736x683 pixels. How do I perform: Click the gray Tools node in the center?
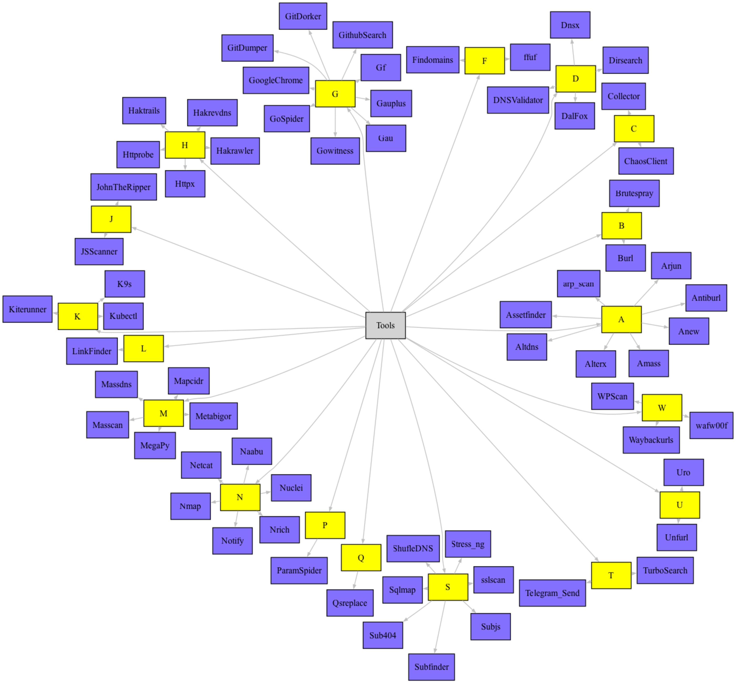point(385,325)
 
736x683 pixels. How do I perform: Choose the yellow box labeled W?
point(662,408)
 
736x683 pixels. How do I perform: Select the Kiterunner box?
point(28,309)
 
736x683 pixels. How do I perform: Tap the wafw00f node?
point(711,426)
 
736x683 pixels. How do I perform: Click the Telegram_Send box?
point(552,593)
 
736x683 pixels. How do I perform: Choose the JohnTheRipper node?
point(123,187)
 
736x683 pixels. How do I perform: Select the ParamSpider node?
point(299,570)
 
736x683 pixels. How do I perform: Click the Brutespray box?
point(634,193)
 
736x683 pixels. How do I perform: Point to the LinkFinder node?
point(92,351)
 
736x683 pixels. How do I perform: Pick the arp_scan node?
point(579,284)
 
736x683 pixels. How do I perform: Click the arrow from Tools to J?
point(251,272)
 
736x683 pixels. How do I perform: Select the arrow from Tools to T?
point(499,451)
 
